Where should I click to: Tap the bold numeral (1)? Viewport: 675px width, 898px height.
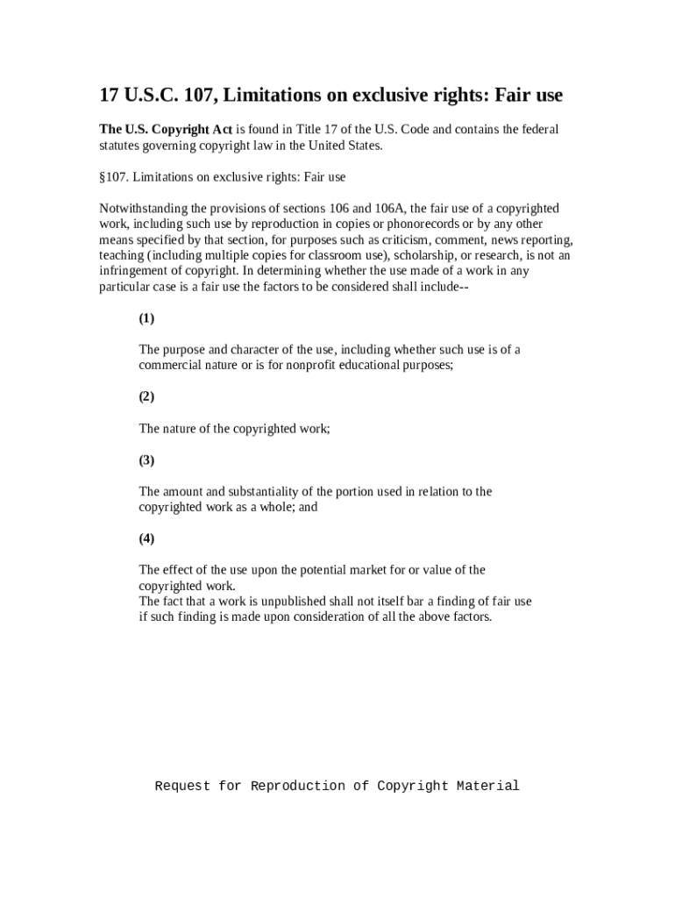point(146,318)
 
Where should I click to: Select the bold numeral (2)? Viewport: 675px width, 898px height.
point(146,396)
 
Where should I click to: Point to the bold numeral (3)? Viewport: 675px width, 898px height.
point(146,460)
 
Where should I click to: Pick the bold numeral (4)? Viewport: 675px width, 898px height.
point(146,538)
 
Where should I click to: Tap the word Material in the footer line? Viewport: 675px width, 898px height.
point(488,786)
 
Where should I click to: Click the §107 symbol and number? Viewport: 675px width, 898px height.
point(113,177)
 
